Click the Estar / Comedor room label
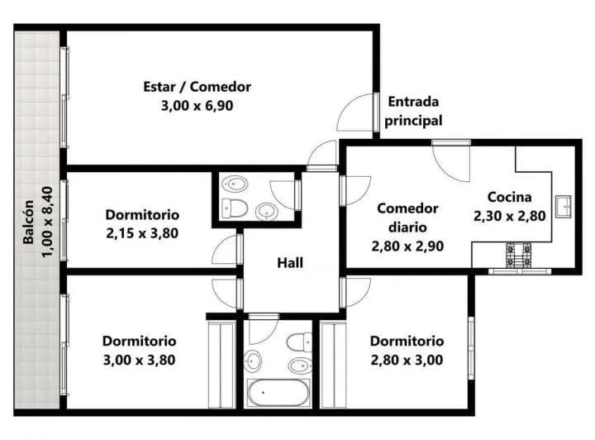coord(197,87)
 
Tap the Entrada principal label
coord(414,111)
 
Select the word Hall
coord(289,263)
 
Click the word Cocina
coord(508,197)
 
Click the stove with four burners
coord(520,255)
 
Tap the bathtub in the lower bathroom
coord(278,392)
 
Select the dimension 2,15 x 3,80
coord(142,233)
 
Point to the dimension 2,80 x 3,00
coord(406,360)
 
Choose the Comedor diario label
coord(407,217)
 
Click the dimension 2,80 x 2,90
coord(407,246)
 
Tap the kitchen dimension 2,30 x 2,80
coord(508,216)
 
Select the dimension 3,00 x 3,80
coord(139,360)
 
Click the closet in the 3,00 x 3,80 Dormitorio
coord(221,364)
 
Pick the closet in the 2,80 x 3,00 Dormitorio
coord(333,364)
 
